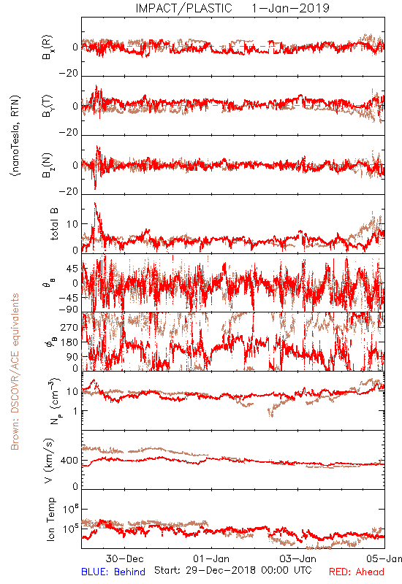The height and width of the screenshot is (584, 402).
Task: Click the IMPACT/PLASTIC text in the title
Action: click(183, 8)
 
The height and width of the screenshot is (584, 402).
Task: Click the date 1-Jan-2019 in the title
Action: click(290, 8)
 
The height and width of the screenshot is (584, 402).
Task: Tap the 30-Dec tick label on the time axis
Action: click(124, 558)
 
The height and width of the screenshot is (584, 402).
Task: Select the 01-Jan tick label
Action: click(211, 558)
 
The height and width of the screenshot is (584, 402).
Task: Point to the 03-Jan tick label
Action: click(298, 558)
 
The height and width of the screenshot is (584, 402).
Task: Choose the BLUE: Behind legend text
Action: click(113, 572)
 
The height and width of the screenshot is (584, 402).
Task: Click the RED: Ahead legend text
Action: click(356, 572)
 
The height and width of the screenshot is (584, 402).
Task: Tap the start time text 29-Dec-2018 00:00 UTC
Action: click(233, 570)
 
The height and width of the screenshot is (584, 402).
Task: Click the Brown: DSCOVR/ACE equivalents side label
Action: click(15, 372)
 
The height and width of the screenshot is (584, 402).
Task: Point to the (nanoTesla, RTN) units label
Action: click(15, 136)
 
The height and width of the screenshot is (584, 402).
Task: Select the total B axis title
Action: click(53, 224)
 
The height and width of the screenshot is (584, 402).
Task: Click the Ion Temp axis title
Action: click(50, 519)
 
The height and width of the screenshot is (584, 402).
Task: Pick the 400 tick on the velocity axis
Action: click(69, 461)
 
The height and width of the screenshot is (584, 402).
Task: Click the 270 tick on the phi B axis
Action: click(69, 327)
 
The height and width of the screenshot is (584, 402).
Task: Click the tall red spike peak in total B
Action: click(95, 203)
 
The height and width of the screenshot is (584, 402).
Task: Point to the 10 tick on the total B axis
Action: click(72, 224)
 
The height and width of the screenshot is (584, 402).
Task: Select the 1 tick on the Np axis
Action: click(76, 411)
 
